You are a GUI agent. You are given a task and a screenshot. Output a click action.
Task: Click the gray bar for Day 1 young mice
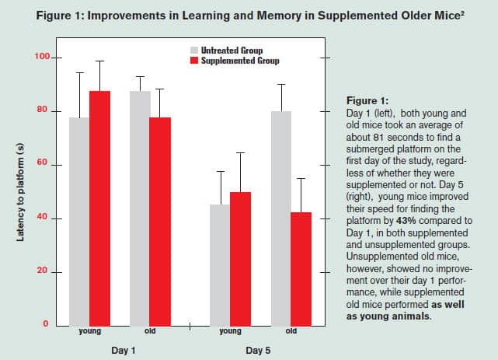(80, 222)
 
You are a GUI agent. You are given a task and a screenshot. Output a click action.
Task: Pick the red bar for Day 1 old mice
(160, 222)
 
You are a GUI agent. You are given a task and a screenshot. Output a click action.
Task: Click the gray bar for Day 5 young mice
(221, 265)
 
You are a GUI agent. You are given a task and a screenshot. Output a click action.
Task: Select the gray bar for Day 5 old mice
(280, 218)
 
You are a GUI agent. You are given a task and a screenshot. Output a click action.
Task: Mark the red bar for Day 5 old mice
(301, 268)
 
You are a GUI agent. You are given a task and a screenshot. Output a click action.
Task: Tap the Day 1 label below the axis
(120, 351)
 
